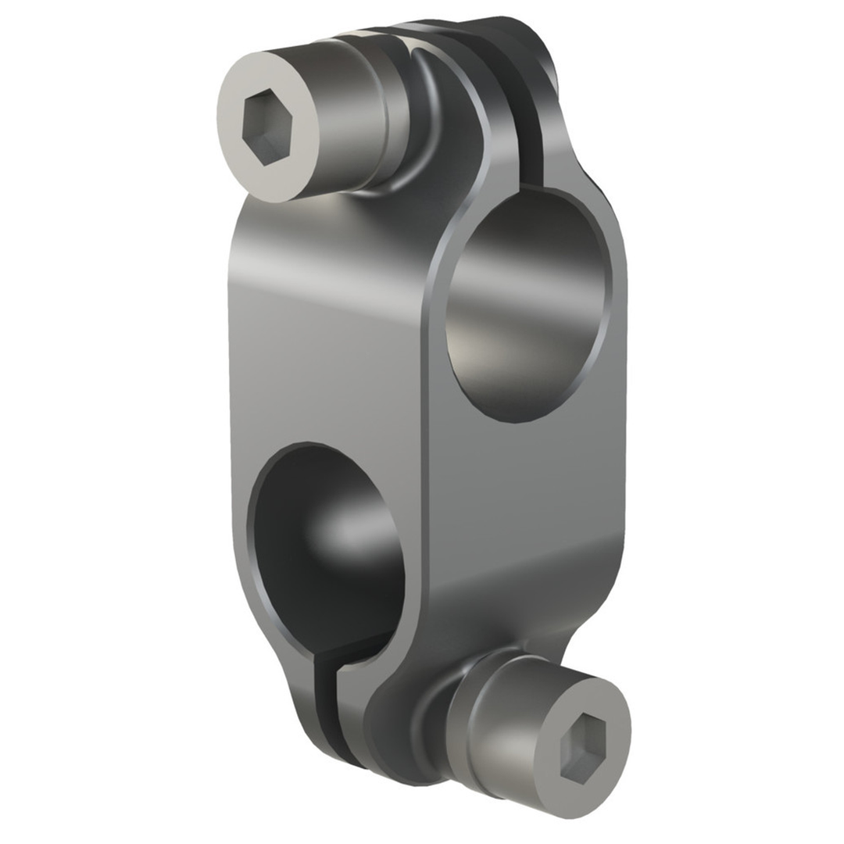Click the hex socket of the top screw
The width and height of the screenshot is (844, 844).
(266, 127)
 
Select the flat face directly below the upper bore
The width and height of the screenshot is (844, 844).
(524, 500)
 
